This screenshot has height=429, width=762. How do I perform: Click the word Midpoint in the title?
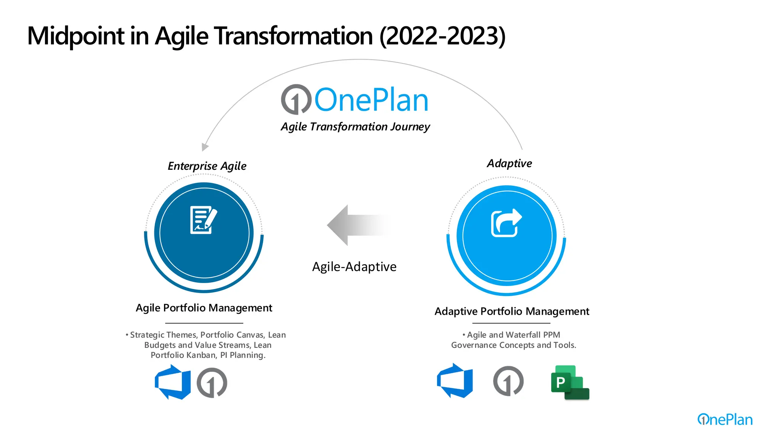pos(76,36)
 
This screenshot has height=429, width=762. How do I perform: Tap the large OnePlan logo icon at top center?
pos(296,99)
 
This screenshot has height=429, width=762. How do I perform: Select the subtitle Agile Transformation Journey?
pos(355,127)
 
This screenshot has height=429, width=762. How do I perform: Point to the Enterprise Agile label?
pos(207,166)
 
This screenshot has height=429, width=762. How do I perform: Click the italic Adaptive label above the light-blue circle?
pos(509,163)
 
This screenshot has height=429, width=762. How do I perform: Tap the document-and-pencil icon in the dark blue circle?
pos(203,220)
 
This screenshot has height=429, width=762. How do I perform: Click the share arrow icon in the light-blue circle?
pos(506,223)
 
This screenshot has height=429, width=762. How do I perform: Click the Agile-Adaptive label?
pos(354,267)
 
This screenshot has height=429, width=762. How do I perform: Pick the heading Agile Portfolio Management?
pos(204,308)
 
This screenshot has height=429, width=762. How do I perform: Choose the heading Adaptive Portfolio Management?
pos(512,311)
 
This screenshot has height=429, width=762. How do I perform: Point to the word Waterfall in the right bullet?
pos(523,335)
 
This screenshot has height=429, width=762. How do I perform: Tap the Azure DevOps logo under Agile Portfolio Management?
pos(173,382)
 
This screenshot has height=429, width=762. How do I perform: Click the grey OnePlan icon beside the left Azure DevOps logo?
pos(212,383)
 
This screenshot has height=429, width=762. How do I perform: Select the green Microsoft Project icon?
pos(570,383)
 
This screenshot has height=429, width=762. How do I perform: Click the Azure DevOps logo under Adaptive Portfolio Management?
pos(455,381)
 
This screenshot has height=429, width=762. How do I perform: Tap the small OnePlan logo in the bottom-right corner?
pos(724,419)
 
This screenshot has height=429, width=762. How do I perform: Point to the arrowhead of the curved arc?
pos(204,147)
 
